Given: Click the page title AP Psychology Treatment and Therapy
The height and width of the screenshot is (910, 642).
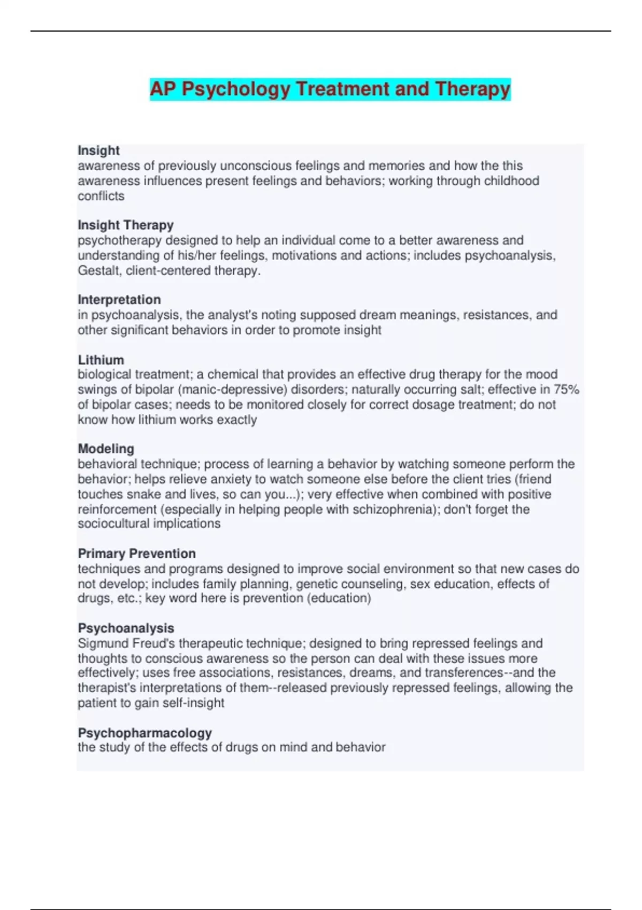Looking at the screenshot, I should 330,89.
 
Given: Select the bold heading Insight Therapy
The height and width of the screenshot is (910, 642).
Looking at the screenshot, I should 126,225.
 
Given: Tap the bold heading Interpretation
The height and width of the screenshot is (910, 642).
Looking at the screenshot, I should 119,299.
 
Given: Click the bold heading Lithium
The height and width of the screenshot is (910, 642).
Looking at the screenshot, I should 101,360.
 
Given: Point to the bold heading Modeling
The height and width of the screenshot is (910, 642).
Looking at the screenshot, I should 106,449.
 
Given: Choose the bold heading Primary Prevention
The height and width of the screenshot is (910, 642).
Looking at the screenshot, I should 136,553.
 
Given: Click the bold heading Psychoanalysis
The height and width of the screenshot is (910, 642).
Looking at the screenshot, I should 126,628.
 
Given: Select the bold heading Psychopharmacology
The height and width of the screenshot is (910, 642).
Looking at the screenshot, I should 144,732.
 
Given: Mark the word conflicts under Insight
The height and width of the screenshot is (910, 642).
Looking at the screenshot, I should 101,196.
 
